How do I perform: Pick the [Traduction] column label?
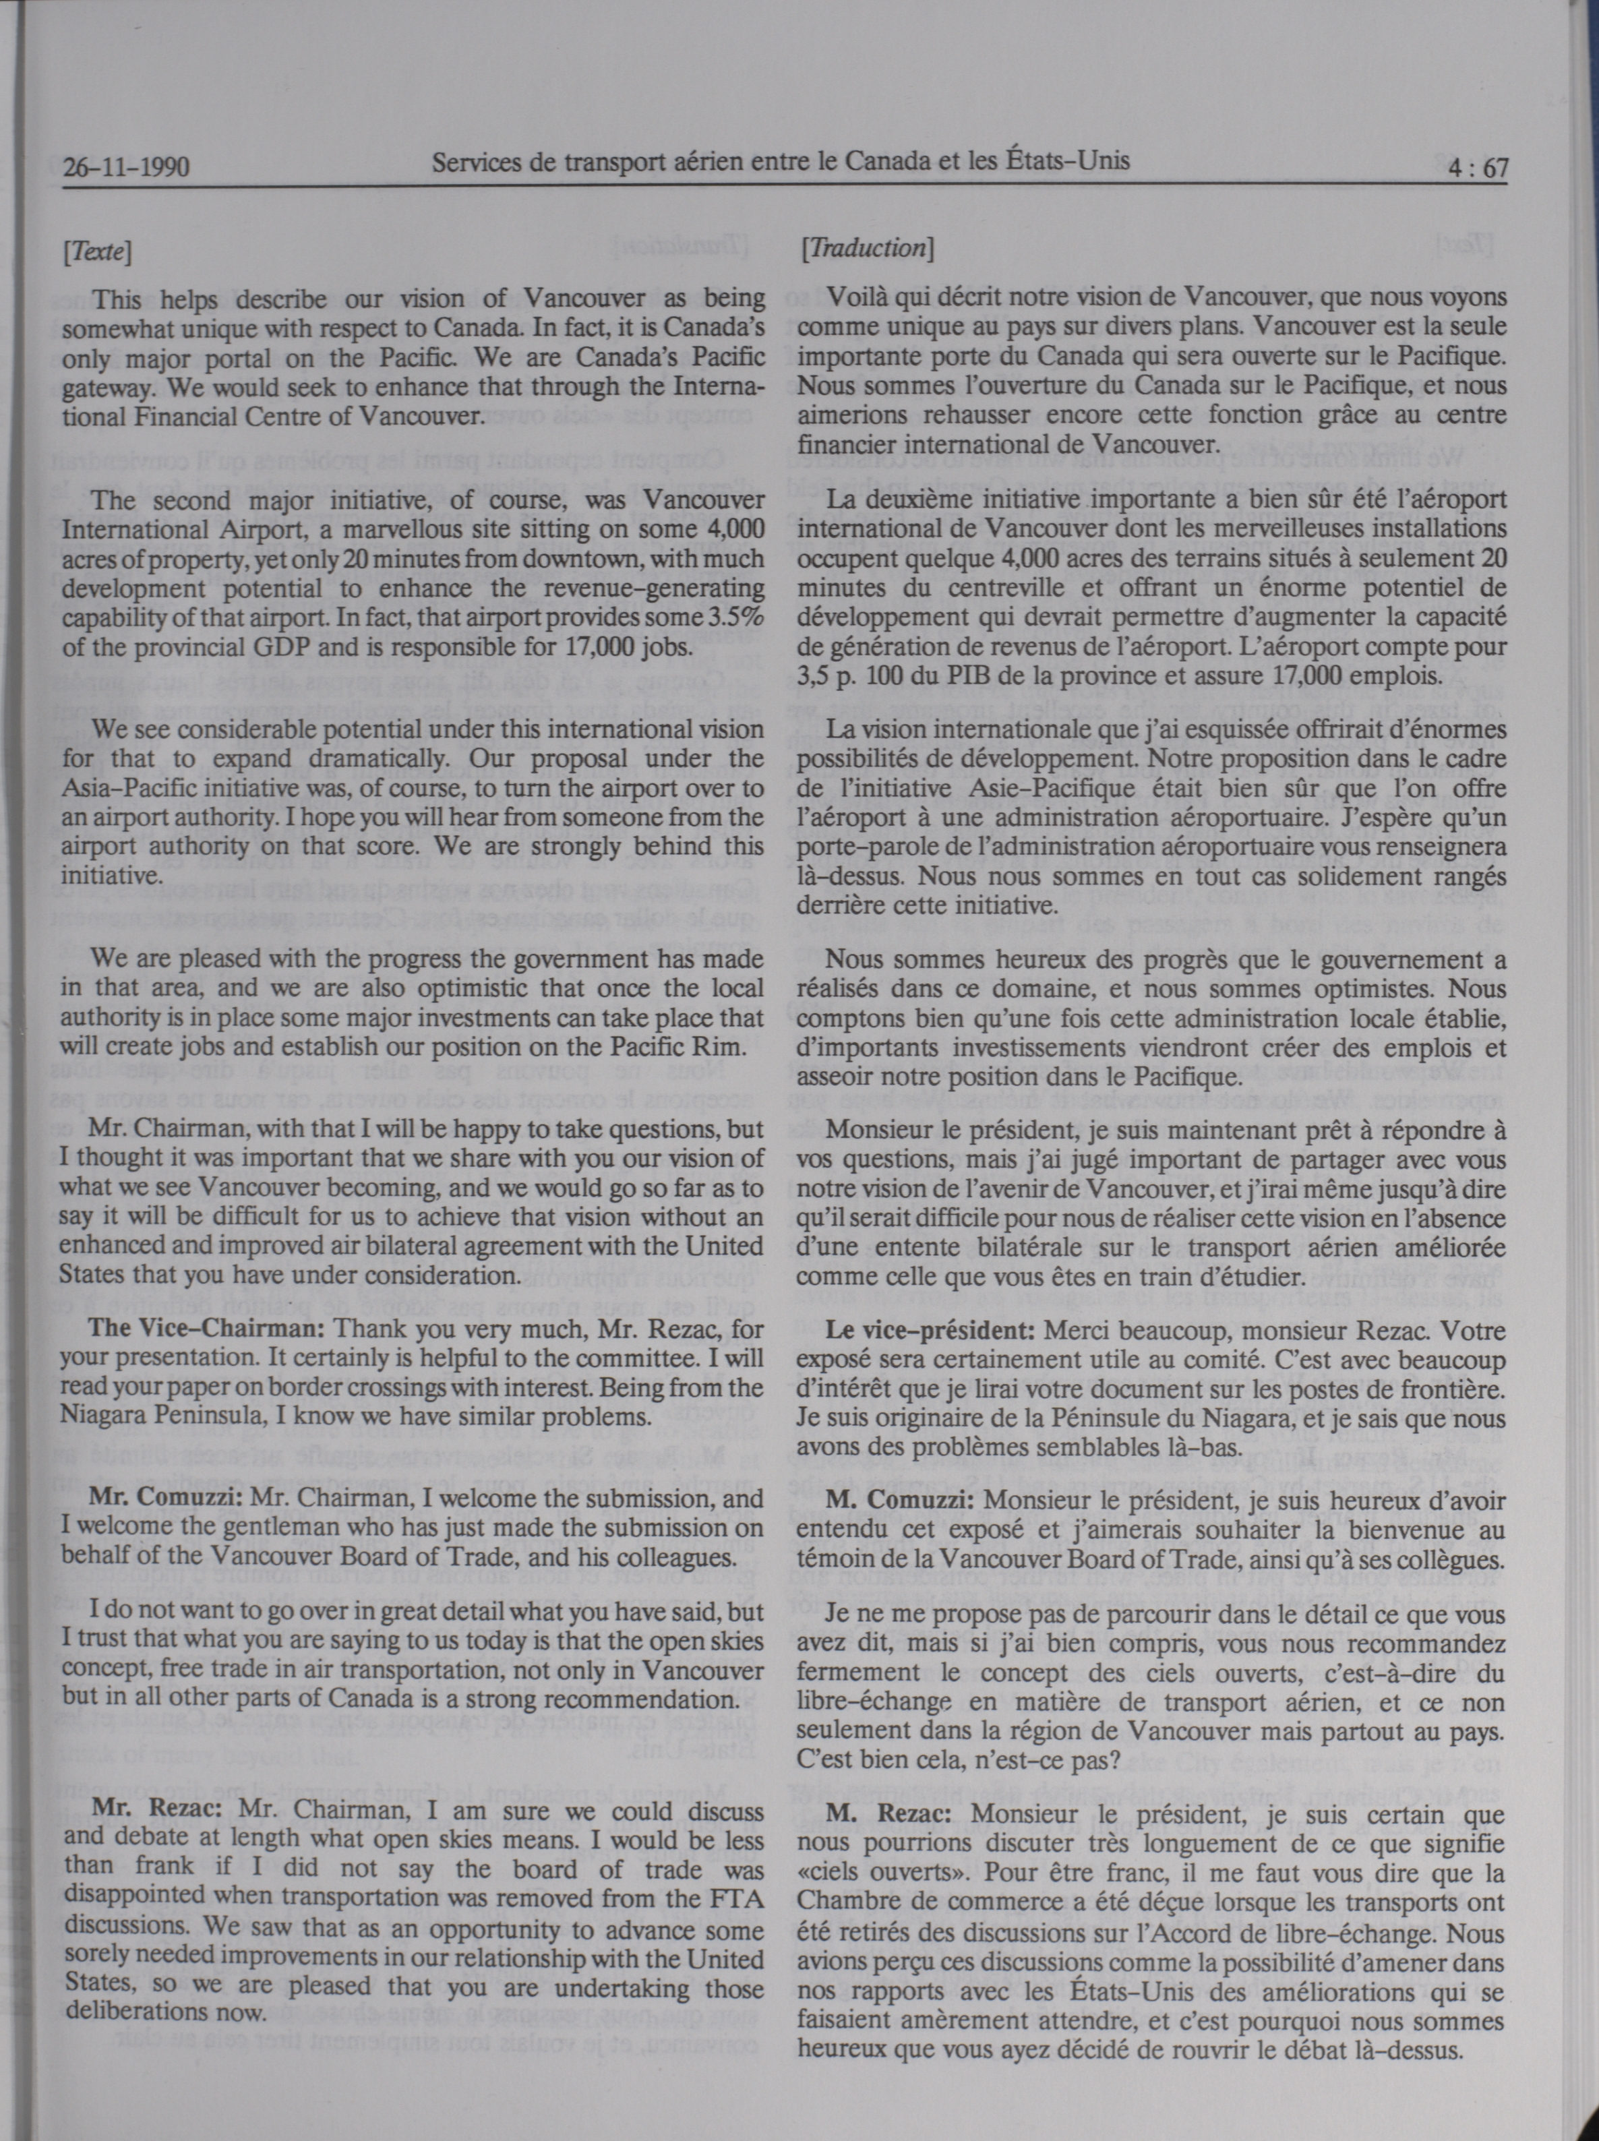pyautogui.click(x=866, y=249)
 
